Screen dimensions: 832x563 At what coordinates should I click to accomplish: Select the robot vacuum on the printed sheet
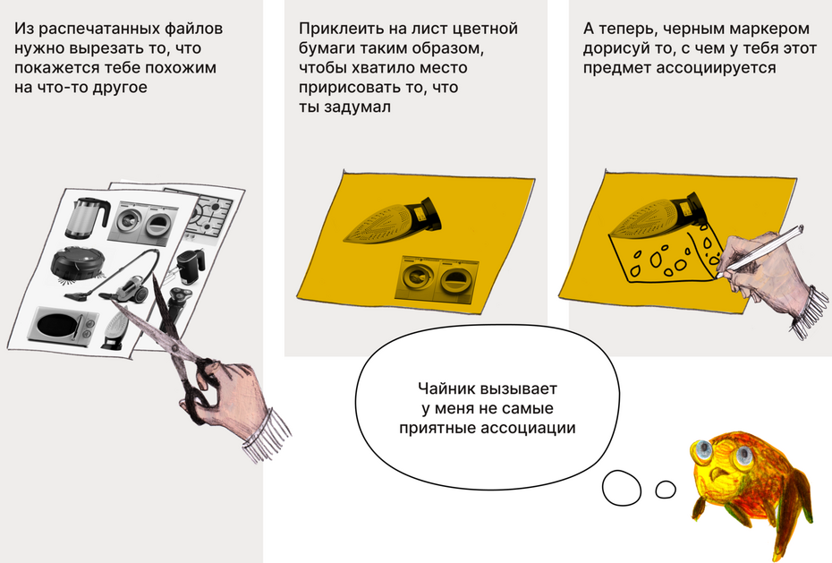[78, 262]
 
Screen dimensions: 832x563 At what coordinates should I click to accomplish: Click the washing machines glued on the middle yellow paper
[437, 279]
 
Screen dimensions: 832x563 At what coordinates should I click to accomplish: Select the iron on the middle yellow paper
[394, 221]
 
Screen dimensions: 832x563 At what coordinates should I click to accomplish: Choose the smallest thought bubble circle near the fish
[666, 490]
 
